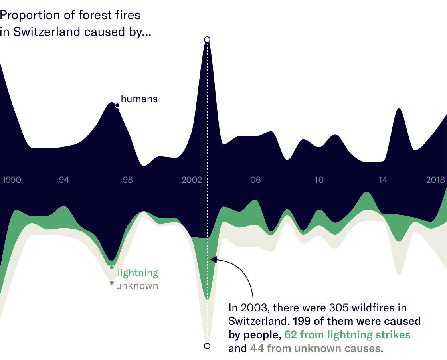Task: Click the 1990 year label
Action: [x=12, y=180]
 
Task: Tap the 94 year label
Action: [x=64, y=180]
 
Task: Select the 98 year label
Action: [x=128, y=180]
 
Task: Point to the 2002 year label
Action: [x=192, y=180]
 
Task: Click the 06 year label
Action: [x=255, y=180]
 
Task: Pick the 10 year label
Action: [x=319, y=180]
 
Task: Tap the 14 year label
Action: [x=383, y=180]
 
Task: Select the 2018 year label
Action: [x=435, y=180]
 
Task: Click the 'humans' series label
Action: [x=139, y=99]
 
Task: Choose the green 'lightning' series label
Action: [x=138, y=273]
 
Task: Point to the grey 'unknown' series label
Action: [x=137, y=285]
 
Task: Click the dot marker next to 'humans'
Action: [x=117, y=105]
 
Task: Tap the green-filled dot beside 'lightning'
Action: [x=112, y=267]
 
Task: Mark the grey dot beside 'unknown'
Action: [x=112, y=283]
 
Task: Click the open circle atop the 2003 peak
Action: [x=207, y=39]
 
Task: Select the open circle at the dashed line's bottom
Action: [x=207, y=346]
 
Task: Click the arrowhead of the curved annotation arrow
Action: [x=213, y=260]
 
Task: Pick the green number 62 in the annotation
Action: [x=291, y=334]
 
